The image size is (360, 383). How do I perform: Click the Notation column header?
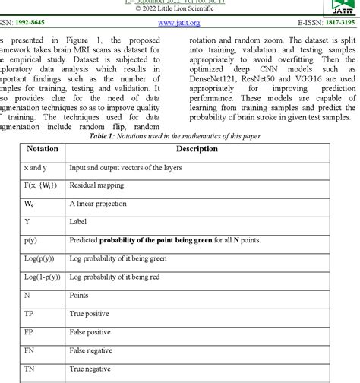pyautogui.click(x=43, y=149)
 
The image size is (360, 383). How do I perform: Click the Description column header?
pyautogui.click(x=196, y=149)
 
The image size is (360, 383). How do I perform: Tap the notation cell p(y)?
pyautogui.click(x=31, y=240)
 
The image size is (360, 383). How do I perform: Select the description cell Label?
pyautogui.click(x=77, y=222)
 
